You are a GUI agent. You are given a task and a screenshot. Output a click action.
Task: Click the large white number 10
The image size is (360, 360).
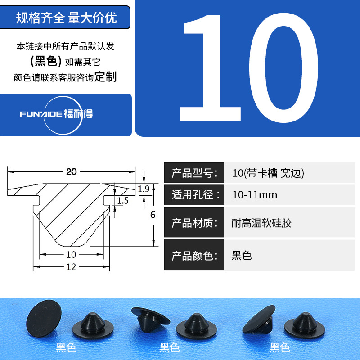249,68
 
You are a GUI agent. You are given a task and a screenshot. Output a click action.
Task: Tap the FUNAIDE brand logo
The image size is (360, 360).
57,115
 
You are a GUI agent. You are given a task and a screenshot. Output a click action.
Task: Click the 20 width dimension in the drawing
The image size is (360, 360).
72,172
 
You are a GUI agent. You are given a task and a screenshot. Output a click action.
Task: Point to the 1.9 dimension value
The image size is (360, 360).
144,189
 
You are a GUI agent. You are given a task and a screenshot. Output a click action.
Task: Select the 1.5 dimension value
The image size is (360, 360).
123,201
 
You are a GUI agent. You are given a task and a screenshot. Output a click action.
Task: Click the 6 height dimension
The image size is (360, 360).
153,215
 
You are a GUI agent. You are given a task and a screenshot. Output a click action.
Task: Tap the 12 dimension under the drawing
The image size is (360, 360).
71,267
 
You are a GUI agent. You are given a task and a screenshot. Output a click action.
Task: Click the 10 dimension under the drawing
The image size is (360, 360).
71,254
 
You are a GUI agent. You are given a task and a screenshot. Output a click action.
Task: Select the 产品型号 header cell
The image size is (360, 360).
194,173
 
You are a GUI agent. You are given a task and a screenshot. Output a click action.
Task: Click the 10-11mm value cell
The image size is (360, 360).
289,195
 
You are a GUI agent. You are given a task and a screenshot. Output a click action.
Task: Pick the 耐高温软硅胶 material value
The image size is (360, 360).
261,223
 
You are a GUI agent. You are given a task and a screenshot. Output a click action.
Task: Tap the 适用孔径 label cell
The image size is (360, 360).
194,195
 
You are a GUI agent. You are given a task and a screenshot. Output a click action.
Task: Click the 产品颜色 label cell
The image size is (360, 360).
194,255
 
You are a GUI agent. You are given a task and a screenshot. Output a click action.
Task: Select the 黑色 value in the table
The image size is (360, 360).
242,256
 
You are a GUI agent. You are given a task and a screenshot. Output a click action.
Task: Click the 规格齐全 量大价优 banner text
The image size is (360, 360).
66,18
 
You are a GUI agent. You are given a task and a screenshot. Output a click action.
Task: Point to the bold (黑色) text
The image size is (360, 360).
46,61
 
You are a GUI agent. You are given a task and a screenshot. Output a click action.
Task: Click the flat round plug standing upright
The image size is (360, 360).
44,318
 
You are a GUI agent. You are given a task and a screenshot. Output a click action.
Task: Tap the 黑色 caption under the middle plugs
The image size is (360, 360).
170,347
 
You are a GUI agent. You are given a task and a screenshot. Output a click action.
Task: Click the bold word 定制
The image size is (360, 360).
106,76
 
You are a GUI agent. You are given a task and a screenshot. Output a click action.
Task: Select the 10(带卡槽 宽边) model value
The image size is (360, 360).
268,173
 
